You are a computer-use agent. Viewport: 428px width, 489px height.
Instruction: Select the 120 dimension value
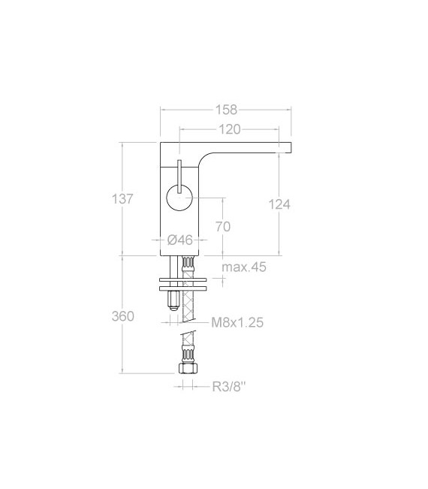coord(230,129)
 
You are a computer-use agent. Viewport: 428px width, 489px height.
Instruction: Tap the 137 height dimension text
coord(122,199)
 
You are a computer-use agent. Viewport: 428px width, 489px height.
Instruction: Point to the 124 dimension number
coord(279,204)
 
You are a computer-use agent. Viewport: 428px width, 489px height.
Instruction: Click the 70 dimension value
coord(222,226)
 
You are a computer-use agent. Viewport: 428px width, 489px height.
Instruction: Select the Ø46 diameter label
coord(179,240)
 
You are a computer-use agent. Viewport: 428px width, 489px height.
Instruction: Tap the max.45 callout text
coord(244,267)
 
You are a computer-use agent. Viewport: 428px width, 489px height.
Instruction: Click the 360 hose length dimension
coord(122,316)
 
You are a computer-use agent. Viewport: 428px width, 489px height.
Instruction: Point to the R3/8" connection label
coord(228,387)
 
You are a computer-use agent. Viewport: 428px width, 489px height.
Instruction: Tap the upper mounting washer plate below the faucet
coord(184,280)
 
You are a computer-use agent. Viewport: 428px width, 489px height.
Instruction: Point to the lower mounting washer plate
coord(184,288)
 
